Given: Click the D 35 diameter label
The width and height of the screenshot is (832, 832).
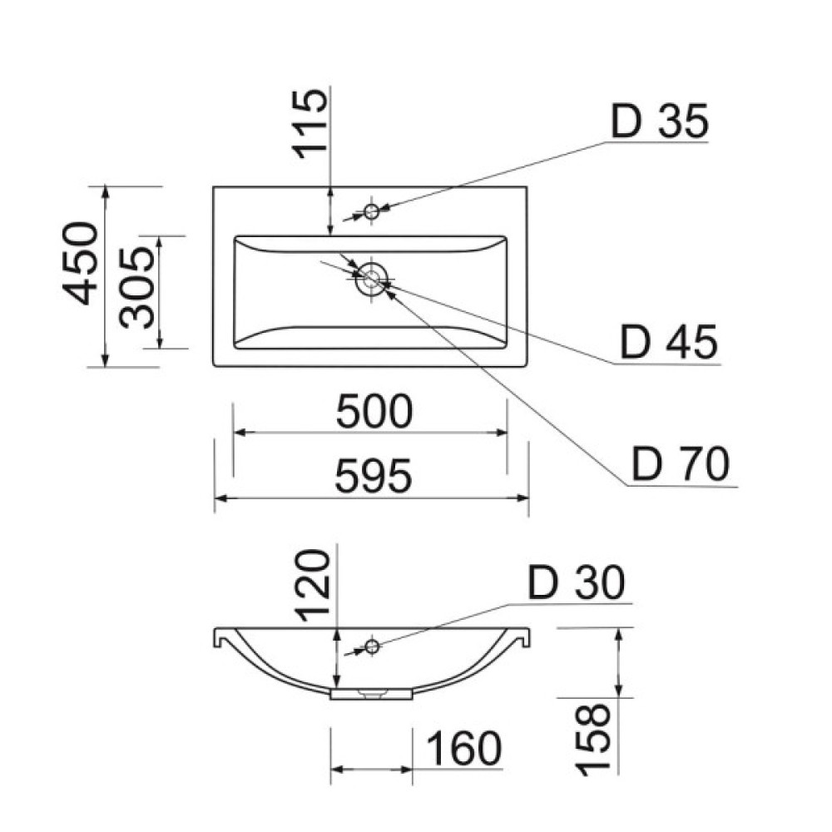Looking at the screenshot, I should tap(659, 122).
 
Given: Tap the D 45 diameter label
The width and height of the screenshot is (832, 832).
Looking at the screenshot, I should tap(668, 342).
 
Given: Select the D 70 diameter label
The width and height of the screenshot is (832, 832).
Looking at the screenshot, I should tap(680, 463).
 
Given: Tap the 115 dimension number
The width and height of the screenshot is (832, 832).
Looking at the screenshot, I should tap(310, 124).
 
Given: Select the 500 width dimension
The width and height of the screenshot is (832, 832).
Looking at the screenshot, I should tap(374, 413).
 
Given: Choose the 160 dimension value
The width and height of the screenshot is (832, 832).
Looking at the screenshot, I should tap(465, 749).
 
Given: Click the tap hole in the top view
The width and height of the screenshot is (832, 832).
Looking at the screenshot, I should tap(371, 210).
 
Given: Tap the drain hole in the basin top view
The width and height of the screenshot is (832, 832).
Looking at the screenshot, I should tap(371, 278).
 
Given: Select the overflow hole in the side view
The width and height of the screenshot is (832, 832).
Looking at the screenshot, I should tap(372, 646).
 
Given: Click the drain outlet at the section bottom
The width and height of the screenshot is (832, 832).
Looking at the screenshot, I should tap(371, 692).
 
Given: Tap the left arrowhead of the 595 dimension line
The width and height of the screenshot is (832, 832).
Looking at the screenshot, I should tap(220, 498).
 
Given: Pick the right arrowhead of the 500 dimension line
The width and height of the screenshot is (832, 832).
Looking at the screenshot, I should tap(503, 433).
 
